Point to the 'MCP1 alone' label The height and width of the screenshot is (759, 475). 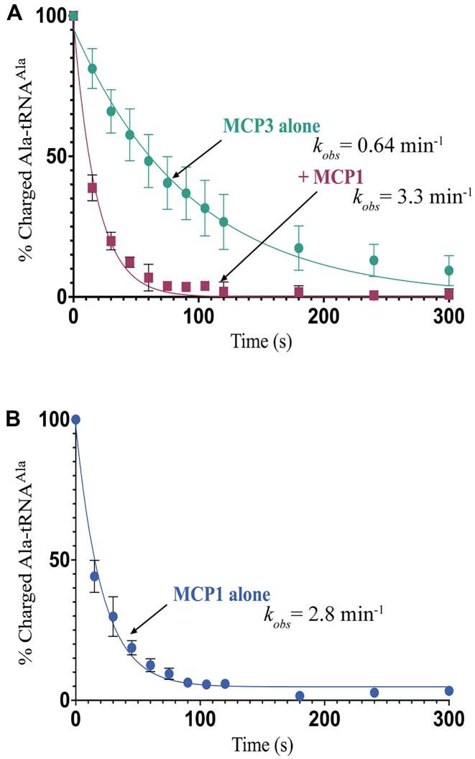221,594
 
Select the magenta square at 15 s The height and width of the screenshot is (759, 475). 92,188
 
